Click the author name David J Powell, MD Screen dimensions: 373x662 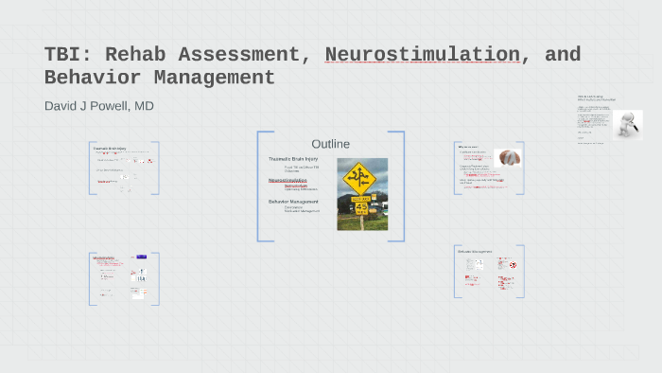click(98, 106)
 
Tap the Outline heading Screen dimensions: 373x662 click(331, 144)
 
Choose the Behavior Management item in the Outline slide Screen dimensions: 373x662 click(293, 202)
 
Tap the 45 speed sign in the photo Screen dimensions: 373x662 click(360, 206)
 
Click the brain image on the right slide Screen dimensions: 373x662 click(509, 158)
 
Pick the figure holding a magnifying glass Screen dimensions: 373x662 click(626, 125)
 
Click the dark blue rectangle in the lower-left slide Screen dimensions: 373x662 click(141, 257)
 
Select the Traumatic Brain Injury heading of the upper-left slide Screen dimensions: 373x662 click(110, 149)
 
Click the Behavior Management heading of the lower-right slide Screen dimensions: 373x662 click(475, 252)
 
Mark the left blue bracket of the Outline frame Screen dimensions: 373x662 click(259, 186)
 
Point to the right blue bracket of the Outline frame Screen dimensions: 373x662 click(402, 186)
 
